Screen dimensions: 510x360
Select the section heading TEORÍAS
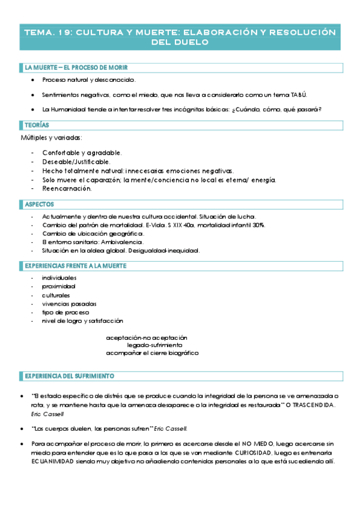[x=37, y=125]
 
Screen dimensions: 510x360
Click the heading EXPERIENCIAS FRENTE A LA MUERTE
[x=75, y=266]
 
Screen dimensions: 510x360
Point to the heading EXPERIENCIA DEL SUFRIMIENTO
[x=69, y=376]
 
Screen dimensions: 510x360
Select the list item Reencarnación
[x=67, y=189]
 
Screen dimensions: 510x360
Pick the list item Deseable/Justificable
[x=76, y=162]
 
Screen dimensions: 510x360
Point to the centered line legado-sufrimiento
[x=154, y=345]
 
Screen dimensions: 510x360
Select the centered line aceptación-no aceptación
[x=147, y=337]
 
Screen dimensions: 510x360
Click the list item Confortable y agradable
[x=82, y=153]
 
